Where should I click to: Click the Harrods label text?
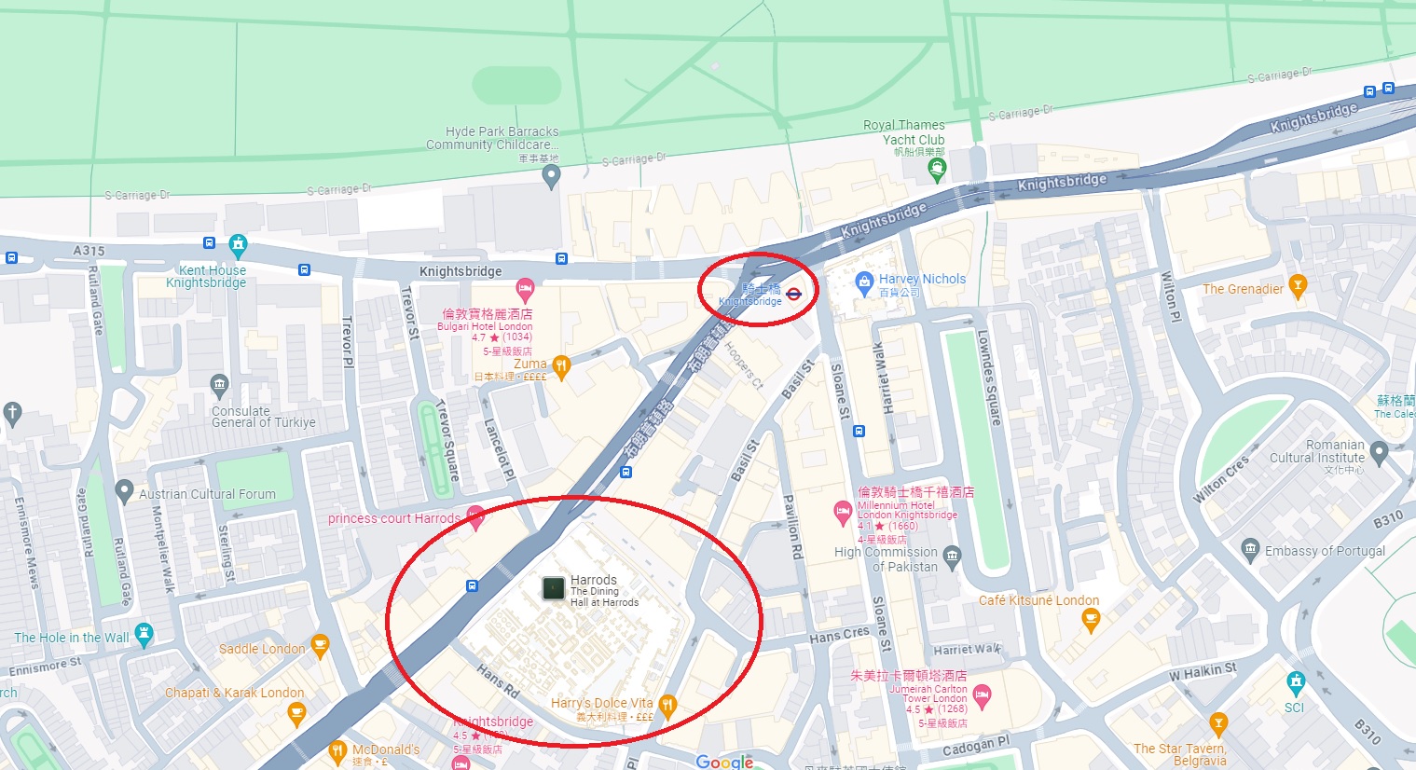[594, 580]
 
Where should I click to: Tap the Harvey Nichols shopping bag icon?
[864, 280]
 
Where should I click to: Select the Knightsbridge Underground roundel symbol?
[793, 294]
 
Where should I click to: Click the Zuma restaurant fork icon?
[560, 366]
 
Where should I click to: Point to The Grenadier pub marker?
[1297, 284]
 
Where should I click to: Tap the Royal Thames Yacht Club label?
[904, 132]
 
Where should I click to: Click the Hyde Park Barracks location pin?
[551, 174]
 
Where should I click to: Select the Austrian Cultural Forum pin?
[124, 490]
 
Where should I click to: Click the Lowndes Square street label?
[989, 378]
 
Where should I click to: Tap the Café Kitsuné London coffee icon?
[1091, 617]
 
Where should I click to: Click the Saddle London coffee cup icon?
[320, 644]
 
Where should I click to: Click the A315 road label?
[89, 250]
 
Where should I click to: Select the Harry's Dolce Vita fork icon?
[667, 706]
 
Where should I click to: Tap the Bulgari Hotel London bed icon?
[525, 288]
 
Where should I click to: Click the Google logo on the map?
[724, 762]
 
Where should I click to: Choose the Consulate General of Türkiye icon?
[219, 383]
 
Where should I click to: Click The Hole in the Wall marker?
[144, 635]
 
